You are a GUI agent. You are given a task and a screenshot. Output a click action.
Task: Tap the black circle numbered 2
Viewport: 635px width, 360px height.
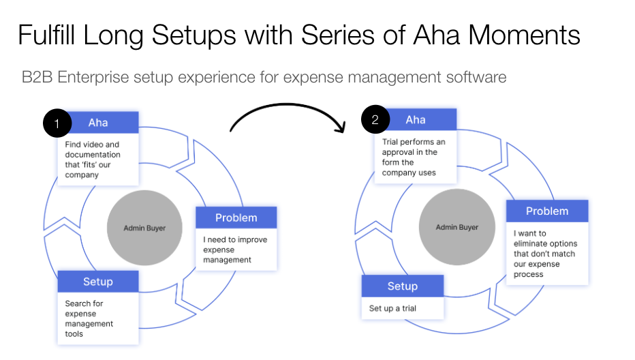tap(375, 121)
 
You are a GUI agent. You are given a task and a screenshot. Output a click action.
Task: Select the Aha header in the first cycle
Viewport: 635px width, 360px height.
tap(99, 122)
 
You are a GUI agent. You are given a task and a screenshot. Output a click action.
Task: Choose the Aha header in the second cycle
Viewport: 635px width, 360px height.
tap(416, 120)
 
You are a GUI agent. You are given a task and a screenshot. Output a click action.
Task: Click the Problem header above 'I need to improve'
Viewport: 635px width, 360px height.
tap(236, 217)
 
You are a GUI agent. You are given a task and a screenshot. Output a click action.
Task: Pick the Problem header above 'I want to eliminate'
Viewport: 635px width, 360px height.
tap(546, 211)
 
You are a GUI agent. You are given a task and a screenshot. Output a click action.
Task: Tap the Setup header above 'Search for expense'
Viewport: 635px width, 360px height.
tap(98, 282)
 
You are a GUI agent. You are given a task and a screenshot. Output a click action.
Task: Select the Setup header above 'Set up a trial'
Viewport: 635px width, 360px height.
tap(402, 286)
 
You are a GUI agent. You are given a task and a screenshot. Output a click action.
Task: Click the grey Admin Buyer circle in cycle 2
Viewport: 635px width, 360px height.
tap(456, 227)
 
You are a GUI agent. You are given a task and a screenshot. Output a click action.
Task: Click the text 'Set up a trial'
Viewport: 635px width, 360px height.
tap(392, 308)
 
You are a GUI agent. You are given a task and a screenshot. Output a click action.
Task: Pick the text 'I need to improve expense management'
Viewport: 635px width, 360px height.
tap(235, 250)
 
